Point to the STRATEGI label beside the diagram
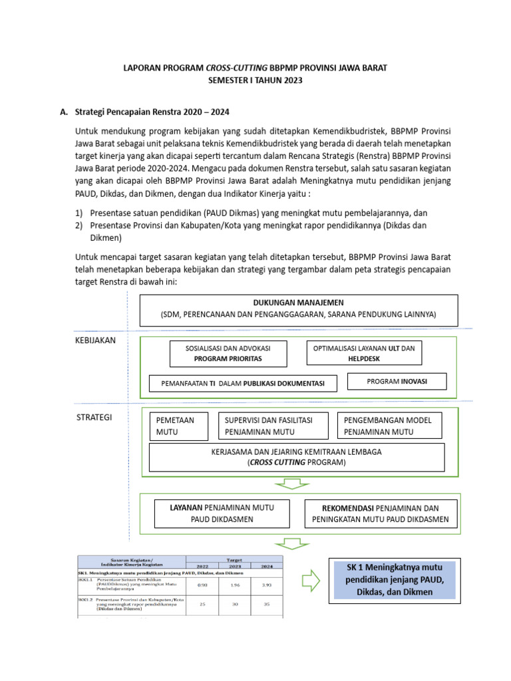pos(93,418)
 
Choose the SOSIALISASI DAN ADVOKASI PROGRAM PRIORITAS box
pos(228,353)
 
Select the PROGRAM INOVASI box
pos(397,381)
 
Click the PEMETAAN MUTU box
pos(176,426)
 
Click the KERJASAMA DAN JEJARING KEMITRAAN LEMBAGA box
pos(297,457)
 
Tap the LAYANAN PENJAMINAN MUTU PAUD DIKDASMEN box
pos(223,513)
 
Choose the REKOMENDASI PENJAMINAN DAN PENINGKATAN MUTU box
pos(381,513)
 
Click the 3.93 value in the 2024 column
pos(265,583)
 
